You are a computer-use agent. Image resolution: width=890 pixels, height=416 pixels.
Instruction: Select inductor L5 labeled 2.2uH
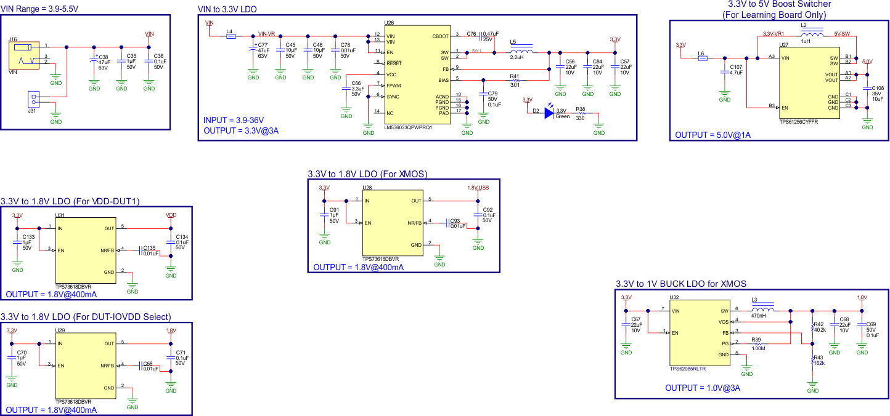click(x=521, y=52)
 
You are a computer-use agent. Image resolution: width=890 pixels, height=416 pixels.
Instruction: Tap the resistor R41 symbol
click(x=515, y=80)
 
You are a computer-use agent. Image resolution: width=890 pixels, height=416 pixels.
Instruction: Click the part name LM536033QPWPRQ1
click(x=408, y=128)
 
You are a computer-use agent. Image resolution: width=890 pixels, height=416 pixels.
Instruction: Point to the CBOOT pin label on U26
click(x=441, y=37)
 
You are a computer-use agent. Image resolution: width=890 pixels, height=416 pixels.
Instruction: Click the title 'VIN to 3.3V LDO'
click(x=227, y=9)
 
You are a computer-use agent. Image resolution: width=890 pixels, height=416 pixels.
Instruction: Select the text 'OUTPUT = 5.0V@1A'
click(x=712, y=135)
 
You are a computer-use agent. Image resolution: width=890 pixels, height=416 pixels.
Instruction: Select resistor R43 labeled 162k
click(x=812, y=362)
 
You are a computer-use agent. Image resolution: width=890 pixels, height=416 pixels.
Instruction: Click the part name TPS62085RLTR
click(x=687, y=369)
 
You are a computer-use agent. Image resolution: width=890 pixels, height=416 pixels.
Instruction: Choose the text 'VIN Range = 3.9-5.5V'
click(x=39, y=9)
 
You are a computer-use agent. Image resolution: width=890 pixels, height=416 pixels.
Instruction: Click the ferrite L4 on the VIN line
click(x=230, y=36)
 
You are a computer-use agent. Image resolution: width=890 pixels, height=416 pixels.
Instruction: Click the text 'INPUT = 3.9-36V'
click(x=237, y=120)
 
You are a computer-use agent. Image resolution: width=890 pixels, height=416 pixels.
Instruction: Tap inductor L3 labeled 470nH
click(x=763, y=310)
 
